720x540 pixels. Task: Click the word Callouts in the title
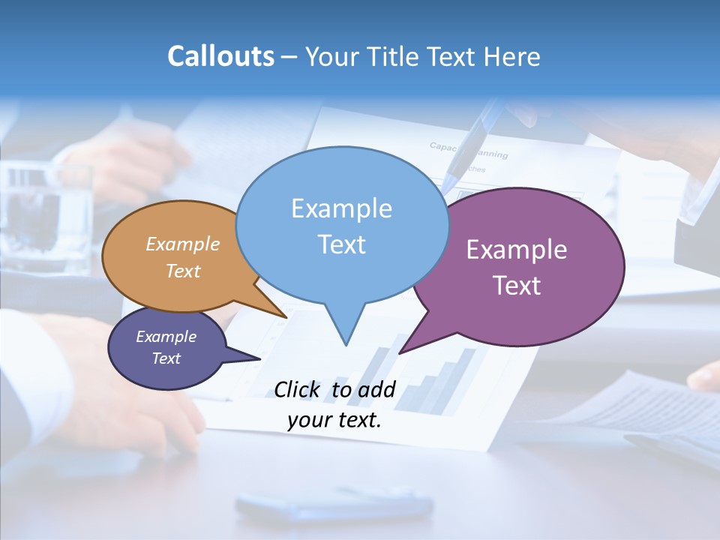tap(220, 56)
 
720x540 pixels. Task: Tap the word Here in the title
tap(511, 56)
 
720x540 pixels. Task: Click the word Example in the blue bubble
tap(341, 208)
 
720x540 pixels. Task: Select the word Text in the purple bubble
tap(516, 285)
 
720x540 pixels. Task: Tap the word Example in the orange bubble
tap(183, 244)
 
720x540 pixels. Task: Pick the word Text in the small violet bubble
tap(166, 358)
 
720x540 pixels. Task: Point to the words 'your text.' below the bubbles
tap(334, 420)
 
